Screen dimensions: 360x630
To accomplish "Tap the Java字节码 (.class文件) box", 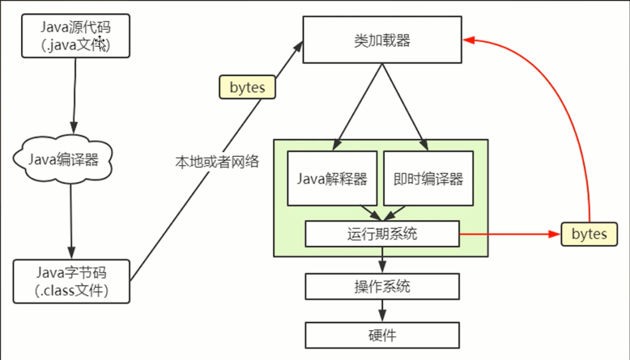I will pyautogui.click(x=72, y=281).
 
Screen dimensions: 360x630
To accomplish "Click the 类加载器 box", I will pyautogui.click(x=382, y=40).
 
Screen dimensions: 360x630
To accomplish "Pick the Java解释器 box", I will pyautogui.click(x=332, y=179).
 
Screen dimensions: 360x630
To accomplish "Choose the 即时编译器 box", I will pyautogui.click(x=428, y=179).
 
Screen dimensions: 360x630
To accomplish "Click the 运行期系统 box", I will pyautogui.click(x=382, y=235).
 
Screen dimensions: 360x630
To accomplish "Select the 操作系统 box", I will pyautogui.click(x=382, y=286).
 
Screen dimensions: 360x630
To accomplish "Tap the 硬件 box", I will pyautogui.click(x=382, y=335).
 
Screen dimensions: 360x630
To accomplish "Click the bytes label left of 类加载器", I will pyautogui.click(x=247, y=88).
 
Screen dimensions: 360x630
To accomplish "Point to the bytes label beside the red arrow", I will pyautogui.click(x=589, y=234).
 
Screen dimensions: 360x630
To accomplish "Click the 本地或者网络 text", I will pyautogui.click(x=216, y=162).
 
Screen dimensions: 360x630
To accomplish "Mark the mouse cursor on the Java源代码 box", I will pyautogui.click(x=101, y=43).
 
